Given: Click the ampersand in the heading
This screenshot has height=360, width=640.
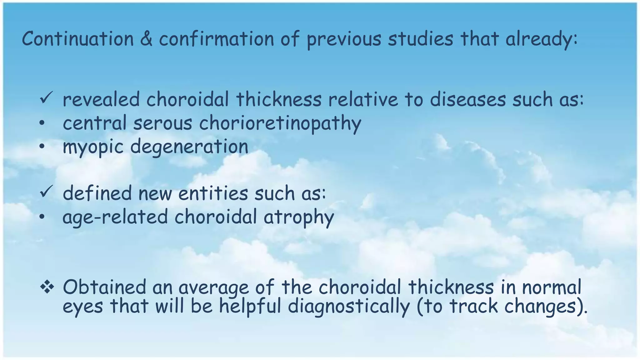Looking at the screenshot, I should pos(146,39).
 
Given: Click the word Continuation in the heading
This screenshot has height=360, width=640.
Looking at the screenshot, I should pos(78,39).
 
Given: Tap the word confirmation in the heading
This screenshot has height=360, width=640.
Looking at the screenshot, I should pos(216,39).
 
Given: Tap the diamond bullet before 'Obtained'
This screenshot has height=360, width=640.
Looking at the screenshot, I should pos(47,287).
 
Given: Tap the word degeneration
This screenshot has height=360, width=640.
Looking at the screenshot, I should pos(189,147).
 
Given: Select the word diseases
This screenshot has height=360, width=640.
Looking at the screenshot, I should pos(467,100).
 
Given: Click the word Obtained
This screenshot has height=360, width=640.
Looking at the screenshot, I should pos(104,287).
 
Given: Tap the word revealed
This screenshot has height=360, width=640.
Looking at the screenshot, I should pos(101,100).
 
